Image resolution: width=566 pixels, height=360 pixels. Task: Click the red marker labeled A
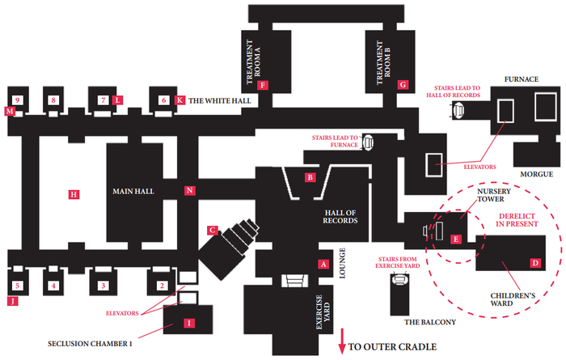[323, 264]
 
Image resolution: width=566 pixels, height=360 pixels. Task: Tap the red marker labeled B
[310, 177]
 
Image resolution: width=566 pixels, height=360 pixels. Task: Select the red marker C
[212, 230]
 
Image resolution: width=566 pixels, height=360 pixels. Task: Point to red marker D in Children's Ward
[534, 262]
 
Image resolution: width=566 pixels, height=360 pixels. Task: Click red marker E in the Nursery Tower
[457, 239]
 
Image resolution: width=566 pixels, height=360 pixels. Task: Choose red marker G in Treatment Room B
[401, 84]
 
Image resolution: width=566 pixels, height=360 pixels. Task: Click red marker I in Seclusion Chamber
[189, 323]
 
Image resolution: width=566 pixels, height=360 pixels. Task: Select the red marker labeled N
[189, 191]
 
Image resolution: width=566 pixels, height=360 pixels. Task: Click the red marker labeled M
[9, 111]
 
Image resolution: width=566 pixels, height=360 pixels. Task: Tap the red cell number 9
[16, 100]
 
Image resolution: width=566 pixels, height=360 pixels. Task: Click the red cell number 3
[103, 286]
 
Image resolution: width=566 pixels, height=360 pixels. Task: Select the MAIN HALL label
[133, 192]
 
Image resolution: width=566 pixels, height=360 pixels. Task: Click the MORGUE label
[537, 174]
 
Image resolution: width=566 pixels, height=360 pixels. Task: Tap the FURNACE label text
[522, 79]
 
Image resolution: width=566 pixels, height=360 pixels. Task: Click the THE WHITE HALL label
[220, 101]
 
